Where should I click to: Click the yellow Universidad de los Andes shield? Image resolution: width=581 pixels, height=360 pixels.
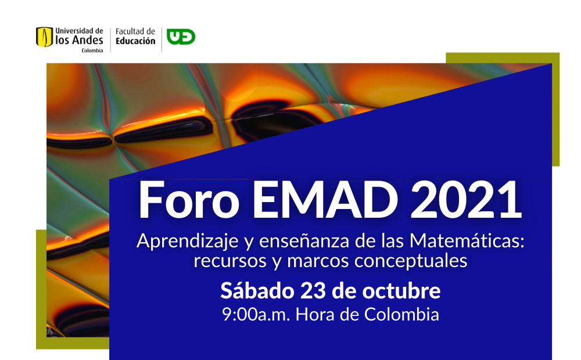pyautogui.click(x=45, y=37)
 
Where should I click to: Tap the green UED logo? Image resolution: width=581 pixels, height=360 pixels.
pyautogui.click(x=181, y=37)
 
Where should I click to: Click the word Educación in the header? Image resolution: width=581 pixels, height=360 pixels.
pyautogui.click(x=135, y=41)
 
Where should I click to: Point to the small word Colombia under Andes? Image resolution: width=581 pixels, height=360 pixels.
pyautogui.click(x=92, y=51)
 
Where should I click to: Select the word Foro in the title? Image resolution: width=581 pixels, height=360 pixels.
pyautogui.click(x=189, y=200)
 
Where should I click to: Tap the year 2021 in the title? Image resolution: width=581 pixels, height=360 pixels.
pyautogui.click(x=466, y=200)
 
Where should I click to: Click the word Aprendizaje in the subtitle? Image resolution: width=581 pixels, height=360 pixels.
pyautogui.click(x=188, y=241)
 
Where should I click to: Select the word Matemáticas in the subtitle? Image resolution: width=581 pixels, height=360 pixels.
pyautogui.click(x=467, y=241)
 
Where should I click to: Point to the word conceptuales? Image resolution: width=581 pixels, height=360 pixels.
pyautogui.click(x=411, y=261)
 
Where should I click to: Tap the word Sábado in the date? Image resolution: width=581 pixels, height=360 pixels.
pyautogui.click(x=257, y=290)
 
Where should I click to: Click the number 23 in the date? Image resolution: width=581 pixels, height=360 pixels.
pyautogui.click(x=313, y=291)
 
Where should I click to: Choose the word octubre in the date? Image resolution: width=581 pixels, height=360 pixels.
pyautogui.click(x=401, y=290)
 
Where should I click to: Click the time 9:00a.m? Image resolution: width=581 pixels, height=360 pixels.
pyautogui.click(x=256, y=315)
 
